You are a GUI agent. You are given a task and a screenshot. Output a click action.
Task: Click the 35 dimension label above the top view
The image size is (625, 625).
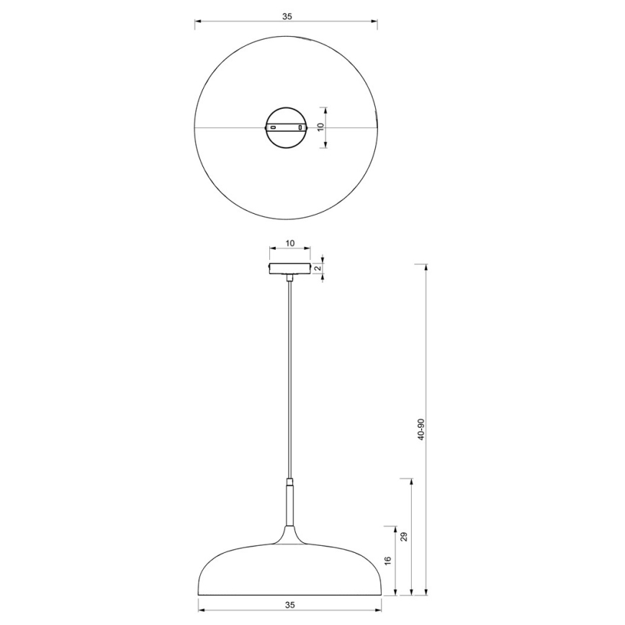287,15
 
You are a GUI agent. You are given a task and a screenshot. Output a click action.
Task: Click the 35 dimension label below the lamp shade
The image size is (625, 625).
289,605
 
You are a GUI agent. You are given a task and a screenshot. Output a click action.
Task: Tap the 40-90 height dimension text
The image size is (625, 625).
421,430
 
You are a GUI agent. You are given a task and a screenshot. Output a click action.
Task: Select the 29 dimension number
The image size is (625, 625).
404,536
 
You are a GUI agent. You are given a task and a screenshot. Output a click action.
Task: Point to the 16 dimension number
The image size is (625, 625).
387,560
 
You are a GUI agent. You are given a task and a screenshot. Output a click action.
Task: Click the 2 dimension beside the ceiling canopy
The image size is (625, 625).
318,268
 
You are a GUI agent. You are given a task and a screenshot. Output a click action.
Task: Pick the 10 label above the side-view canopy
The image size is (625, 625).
290,243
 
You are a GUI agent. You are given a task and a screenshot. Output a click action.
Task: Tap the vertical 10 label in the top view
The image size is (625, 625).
321,127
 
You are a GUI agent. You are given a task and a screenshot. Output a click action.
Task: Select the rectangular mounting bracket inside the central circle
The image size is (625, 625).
287,127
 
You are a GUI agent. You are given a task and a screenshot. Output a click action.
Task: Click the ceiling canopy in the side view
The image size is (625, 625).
289,269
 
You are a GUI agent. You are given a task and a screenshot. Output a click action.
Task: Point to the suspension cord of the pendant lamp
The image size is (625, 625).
289,374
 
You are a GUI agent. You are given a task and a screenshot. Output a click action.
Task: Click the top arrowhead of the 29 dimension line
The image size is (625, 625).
410,481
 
